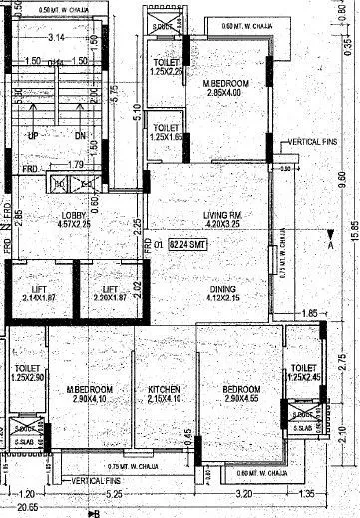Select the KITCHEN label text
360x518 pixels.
pos(164,388)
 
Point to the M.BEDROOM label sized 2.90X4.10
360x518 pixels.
pos(90,388)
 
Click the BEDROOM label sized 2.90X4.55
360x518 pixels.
pos(240,388)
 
